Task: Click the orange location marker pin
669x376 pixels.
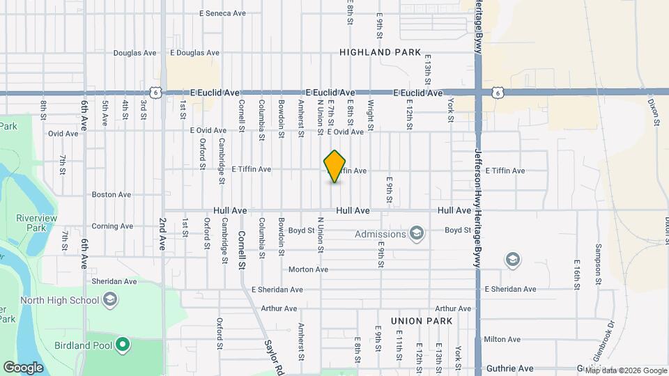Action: coord(335,166)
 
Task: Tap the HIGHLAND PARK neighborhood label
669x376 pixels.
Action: coord(380,52)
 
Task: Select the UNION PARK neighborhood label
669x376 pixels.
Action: coord(422,321)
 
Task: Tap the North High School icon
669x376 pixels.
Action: coord(109,300)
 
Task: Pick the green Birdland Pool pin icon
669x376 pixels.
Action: coord(123,345)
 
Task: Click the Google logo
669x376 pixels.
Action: coord(23,368)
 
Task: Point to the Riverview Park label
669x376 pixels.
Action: coord(36,223)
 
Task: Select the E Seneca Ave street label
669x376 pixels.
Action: coord(222,13)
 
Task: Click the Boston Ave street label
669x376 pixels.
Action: coord(111,195)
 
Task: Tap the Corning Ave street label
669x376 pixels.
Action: coord(112,226)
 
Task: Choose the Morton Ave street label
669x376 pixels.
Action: coord(308,269)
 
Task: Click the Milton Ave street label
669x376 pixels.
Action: coord(502,339)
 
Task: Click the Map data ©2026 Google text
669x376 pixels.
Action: coord(626,370)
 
